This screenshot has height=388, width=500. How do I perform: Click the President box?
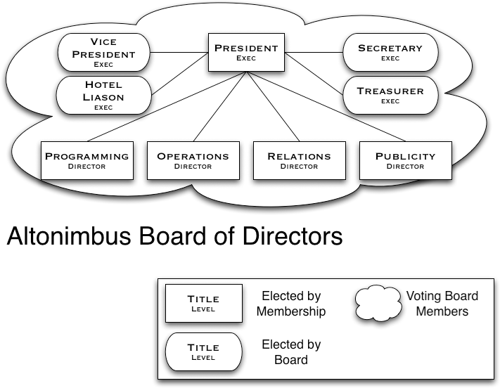[245, 53]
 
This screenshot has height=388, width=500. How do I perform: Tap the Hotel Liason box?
[103, 96]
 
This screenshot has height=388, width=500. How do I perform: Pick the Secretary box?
[390, 53]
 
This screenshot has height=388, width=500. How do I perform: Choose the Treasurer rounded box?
[390, 96]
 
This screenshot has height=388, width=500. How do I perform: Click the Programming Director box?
[86, 161]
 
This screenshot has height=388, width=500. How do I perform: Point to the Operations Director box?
[193, 161]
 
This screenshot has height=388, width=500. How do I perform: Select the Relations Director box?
[299, 161]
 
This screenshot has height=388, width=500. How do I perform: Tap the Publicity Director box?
[405, 161]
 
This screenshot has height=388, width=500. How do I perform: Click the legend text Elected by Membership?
[291, 304]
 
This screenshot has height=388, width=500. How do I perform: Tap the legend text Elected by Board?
[291, 352]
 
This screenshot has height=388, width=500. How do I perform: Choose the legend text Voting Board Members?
[442, 304]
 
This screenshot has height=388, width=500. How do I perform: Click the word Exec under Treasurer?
[390, 101]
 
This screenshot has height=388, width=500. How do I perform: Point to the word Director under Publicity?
[405, 167]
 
